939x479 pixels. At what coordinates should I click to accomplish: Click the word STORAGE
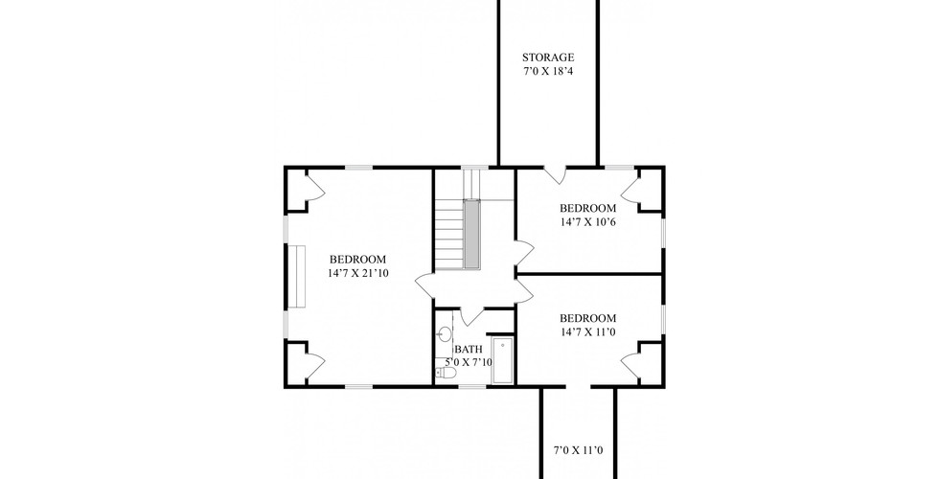point(548,57)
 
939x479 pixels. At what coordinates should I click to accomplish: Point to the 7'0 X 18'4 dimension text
point(548,72)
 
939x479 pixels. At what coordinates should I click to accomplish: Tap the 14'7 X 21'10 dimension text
point(357,273)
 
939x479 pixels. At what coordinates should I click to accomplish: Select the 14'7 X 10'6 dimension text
point(587,222)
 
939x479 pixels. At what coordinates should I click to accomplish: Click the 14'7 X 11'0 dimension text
point(587,332)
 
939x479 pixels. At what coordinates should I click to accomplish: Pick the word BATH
point(469,349)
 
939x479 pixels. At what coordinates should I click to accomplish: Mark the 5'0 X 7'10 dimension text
point(469,362)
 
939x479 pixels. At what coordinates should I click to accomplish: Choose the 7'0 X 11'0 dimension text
point(577,450)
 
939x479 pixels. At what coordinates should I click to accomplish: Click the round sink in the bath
point(445,333)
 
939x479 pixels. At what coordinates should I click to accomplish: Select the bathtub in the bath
point(503,360)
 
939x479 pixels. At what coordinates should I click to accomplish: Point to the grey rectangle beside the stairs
point(471,233)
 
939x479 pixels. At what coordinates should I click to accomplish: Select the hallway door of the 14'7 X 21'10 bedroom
point(426,285)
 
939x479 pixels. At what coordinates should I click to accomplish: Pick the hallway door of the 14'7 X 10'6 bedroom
point(524,252)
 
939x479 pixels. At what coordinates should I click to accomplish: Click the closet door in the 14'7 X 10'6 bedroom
point(630,191)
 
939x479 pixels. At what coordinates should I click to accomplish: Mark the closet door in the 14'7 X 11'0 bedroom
point(630,362)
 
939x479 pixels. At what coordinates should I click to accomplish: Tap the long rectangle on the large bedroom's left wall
point(296,276)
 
